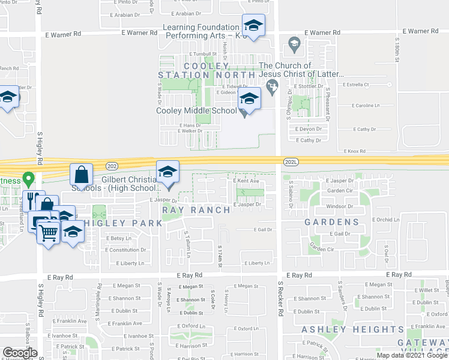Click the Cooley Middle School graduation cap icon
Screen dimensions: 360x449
coord(249,98)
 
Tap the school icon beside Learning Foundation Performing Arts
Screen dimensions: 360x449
coord(254,26)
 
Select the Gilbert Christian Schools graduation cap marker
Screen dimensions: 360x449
coord(168,172)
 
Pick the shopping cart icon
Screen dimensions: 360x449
coord(49,232)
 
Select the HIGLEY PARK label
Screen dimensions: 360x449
coord(122,223)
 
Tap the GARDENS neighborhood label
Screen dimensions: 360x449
coord(331,222)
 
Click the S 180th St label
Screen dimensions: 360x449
coord(397,49)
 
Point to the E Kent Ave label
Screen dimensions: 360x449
coord(246,180)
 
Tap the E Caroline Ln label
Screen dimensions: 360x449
coord(361,106)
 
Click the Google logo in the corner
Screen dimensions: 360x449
coord(20,353)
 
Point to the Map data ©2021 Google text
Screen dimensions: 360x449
coord(412,355)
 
